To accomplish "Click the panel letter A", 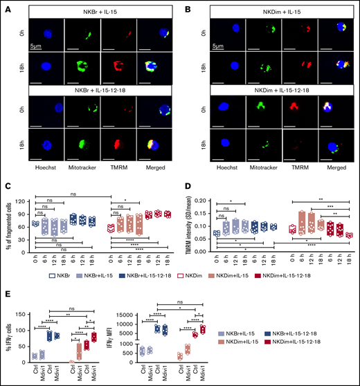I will pyautogui.click(x=6, y=6).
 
